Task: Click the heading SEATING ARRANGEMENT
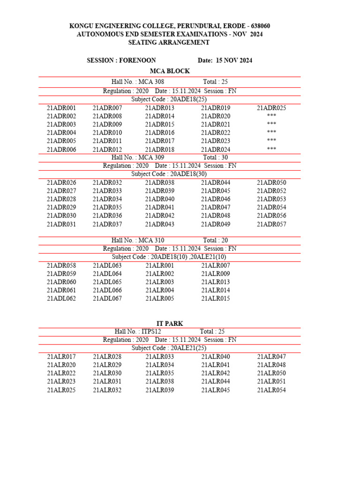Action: tap(169, 43)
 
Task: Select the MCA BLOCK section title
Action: tap(169, 71)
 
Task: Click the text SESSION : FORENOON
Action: tap(121, 60)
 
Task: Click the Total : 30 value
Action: tap(215, 157)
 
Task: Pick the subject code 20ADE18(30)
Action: tap(187, 174)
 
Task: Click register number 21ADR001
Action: tap(61, 108)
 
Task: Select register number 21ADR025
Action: tap(271, 108)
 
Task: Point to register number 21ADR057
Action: tap(271, 224)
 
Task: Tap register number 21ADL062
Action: tap(61, 299)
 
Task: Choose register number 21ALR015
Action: tap(216, 299)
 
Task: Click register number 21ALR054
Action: tap(271, 390)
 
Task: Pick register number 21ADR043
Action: tap(160, 224)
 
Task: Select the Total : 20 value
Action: tap(215, 240)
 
